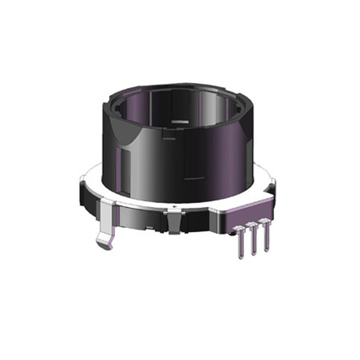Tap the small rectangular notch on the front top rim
(168, 137)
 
